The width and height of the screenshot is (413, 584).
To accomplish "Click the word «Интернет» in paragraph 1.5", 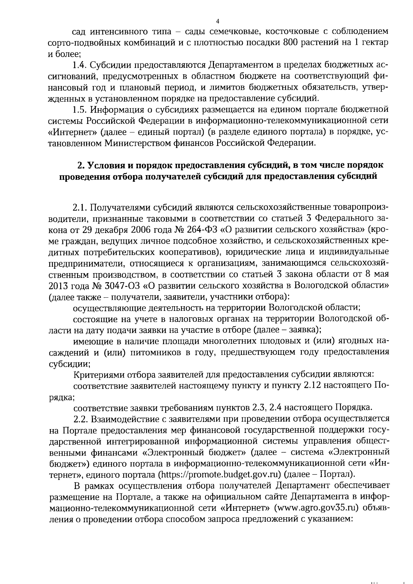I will (x=73, y=132).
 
